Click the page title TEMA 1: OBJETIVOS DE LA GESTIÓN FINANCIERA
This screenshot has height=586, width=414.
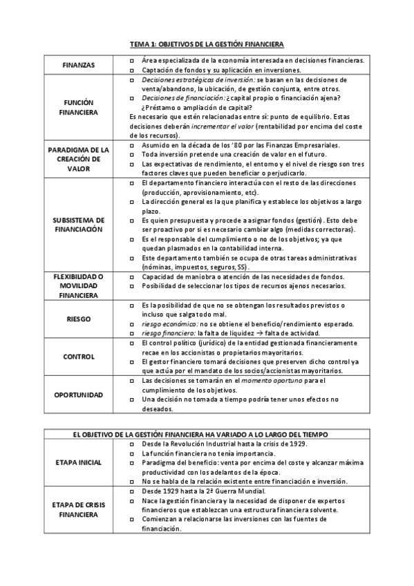pos(207,44)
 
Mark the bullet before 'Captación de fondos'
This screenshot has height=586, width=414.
pos(132,70)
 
